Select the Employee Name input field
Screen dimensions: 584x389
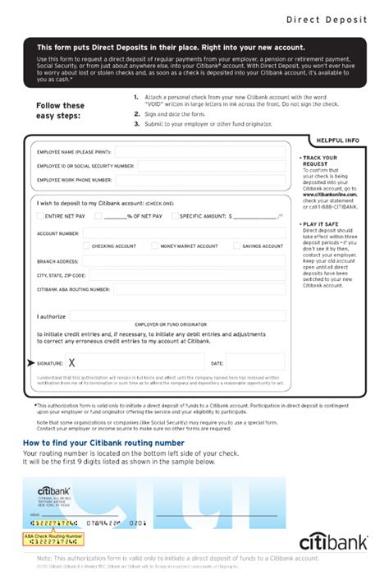[x=200, y=152]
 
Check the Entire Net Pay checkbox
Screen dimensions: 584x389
[x=40, y=216]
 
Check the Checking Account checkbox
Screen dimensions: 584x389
[x=85, y=246]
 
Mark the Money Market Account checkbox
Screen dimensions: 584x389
[x=153, y=246]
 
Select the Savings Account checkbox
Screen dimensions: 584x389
[x=237, y=246]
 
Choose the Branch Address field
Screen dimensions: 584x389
[x=181, y=261]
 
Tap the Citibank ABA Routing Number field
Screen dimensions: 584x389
[x=197, y=289]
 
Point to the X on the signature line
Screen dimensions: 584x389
[x=72, y=362]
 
